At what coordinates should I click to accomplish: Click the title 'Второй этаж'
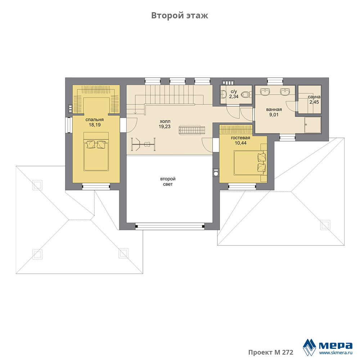coord(180,15)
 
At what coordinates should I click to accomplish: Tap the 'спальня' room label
coord(94,120)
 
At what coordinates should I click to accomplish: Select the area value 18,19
coord(95,125)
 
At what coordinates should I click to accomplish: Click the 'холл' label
coord(165,121)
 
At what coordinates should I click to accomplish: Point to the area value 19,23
coord(165,126)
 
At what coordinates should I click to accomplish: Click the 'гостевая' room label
coord(240,138)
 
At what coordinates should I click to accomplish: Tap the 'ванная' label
coord(274,109)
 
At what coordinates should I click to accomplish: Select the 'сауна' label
coord(314,97)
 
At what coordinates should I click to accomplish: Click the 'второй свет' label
coord(168,181)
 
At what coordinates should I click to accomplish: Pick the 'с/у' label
coord(234,91)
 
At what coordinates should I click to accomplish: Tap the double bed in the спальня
coord(96,152)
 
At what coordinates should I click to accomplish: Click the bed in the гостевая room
coord(250,163)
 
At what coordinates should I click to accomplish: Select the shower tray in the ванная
coord(313,125)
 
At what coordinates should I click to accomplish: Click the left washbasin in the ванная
coord(265,91)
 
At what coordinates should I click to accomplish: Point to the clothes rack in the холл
coord(143,144)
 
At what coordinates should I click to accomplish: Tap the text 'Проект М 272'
coord(271,352)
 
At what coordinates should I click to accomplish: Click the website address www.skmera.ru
coord(336,353)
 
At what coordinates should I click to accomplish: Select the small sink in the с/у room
coord(223,94)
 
